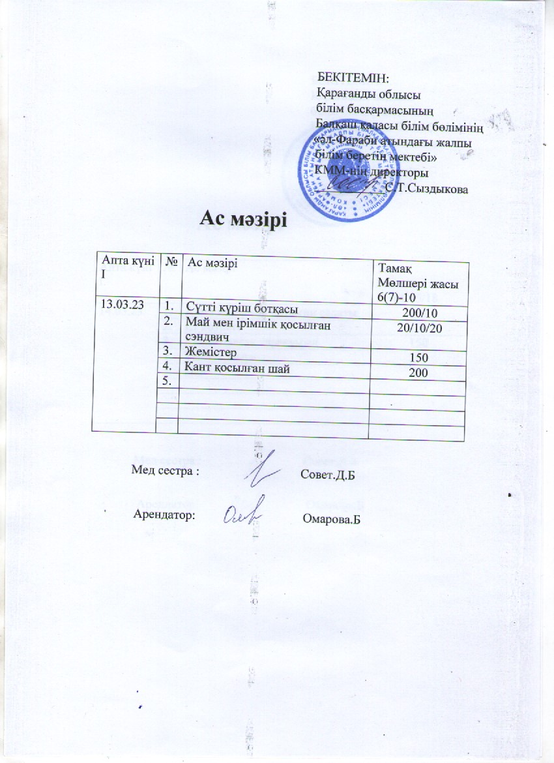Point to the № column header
pyautogui.click(x=173, y=262)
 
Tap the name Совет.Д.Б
pyautogui.click(x=331, y=473)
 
